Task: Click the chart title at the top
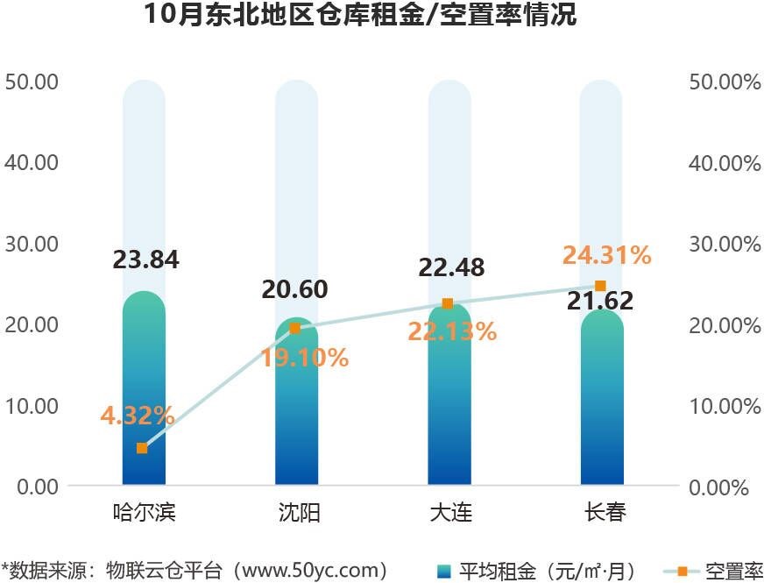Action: point(361,16)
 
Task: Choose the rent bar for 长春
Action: point(602,403)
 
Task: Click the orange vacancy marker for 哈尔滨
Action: point(142,448)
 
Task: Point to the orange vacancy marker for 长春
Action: point(600,286)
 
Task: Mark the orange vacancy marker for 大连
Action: point(448,303)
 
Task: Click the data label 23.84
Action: point(145,260)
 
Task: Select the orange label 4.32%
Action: point(138,416)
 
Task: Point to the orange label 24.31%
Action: point(607,255)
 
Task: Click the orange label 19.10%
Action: point(304,358)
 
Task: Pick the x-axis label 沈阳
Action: point(296,513)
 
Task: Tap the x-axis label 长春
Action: point(604,513)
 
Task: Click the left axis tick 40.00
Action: point(32,162)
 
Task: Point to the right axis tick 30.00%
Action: point(725,244)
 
